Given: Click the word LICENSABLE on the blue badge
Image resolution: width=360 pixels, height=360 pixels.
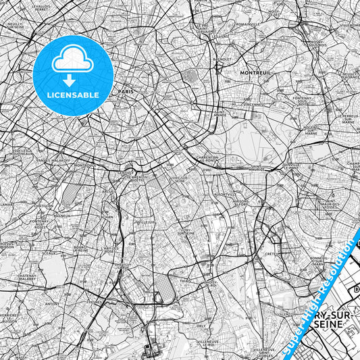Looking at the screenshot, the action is [73, 95].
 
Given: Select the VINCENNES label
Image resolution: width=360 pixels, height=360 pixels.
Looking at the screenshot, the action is [255, 105].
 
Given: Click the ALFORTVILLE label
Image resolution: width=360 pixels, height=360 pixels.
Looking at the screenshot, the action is [223, 195].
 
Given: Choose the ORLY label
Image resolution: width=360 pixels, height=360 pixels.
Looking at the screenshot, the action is [201, 325].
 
